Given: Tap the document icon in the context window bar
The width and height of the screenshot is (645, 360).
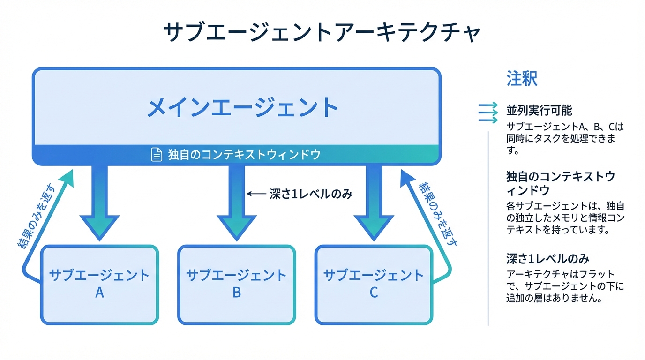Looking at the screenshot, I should (x=156, y=155).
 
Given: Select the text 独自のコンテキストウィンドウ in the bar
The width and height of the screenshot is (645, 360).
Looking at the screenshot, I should (x=244, y=155).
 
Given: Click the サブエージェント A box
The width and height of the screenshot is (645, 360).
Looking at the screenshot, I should (x=99, y=284).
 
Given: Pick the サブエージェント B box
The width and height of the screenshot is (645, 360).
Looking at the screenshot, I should (x=237, y=284).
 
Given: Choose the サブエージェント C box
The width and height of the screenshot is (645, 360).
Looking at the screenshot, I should (x=374, y=284).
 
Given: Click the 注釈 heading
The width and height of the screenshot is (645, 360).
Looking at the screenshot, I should (x=522, y=79).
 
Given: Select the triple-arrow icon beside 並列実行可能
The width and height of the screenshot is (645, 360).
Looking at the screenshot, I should (x=487, y=112).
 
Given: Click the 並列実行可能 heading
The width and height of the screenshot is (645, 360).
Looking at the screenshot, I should (x=539, y=111).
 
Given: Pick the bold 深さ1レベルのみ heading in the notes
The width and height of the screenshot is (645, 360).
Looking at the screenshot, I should (x=547, y=258).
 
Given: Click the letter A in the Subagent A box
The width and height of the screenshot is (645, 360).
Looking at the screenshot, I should (x=99, y=293).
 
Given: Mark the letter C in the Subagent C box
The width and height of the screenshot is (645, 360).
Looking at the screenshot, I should (x=374, y=293).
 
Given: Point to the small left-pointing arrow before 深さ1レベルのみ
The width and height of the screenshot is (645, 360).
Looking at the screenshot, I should (x=256, y=194).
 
